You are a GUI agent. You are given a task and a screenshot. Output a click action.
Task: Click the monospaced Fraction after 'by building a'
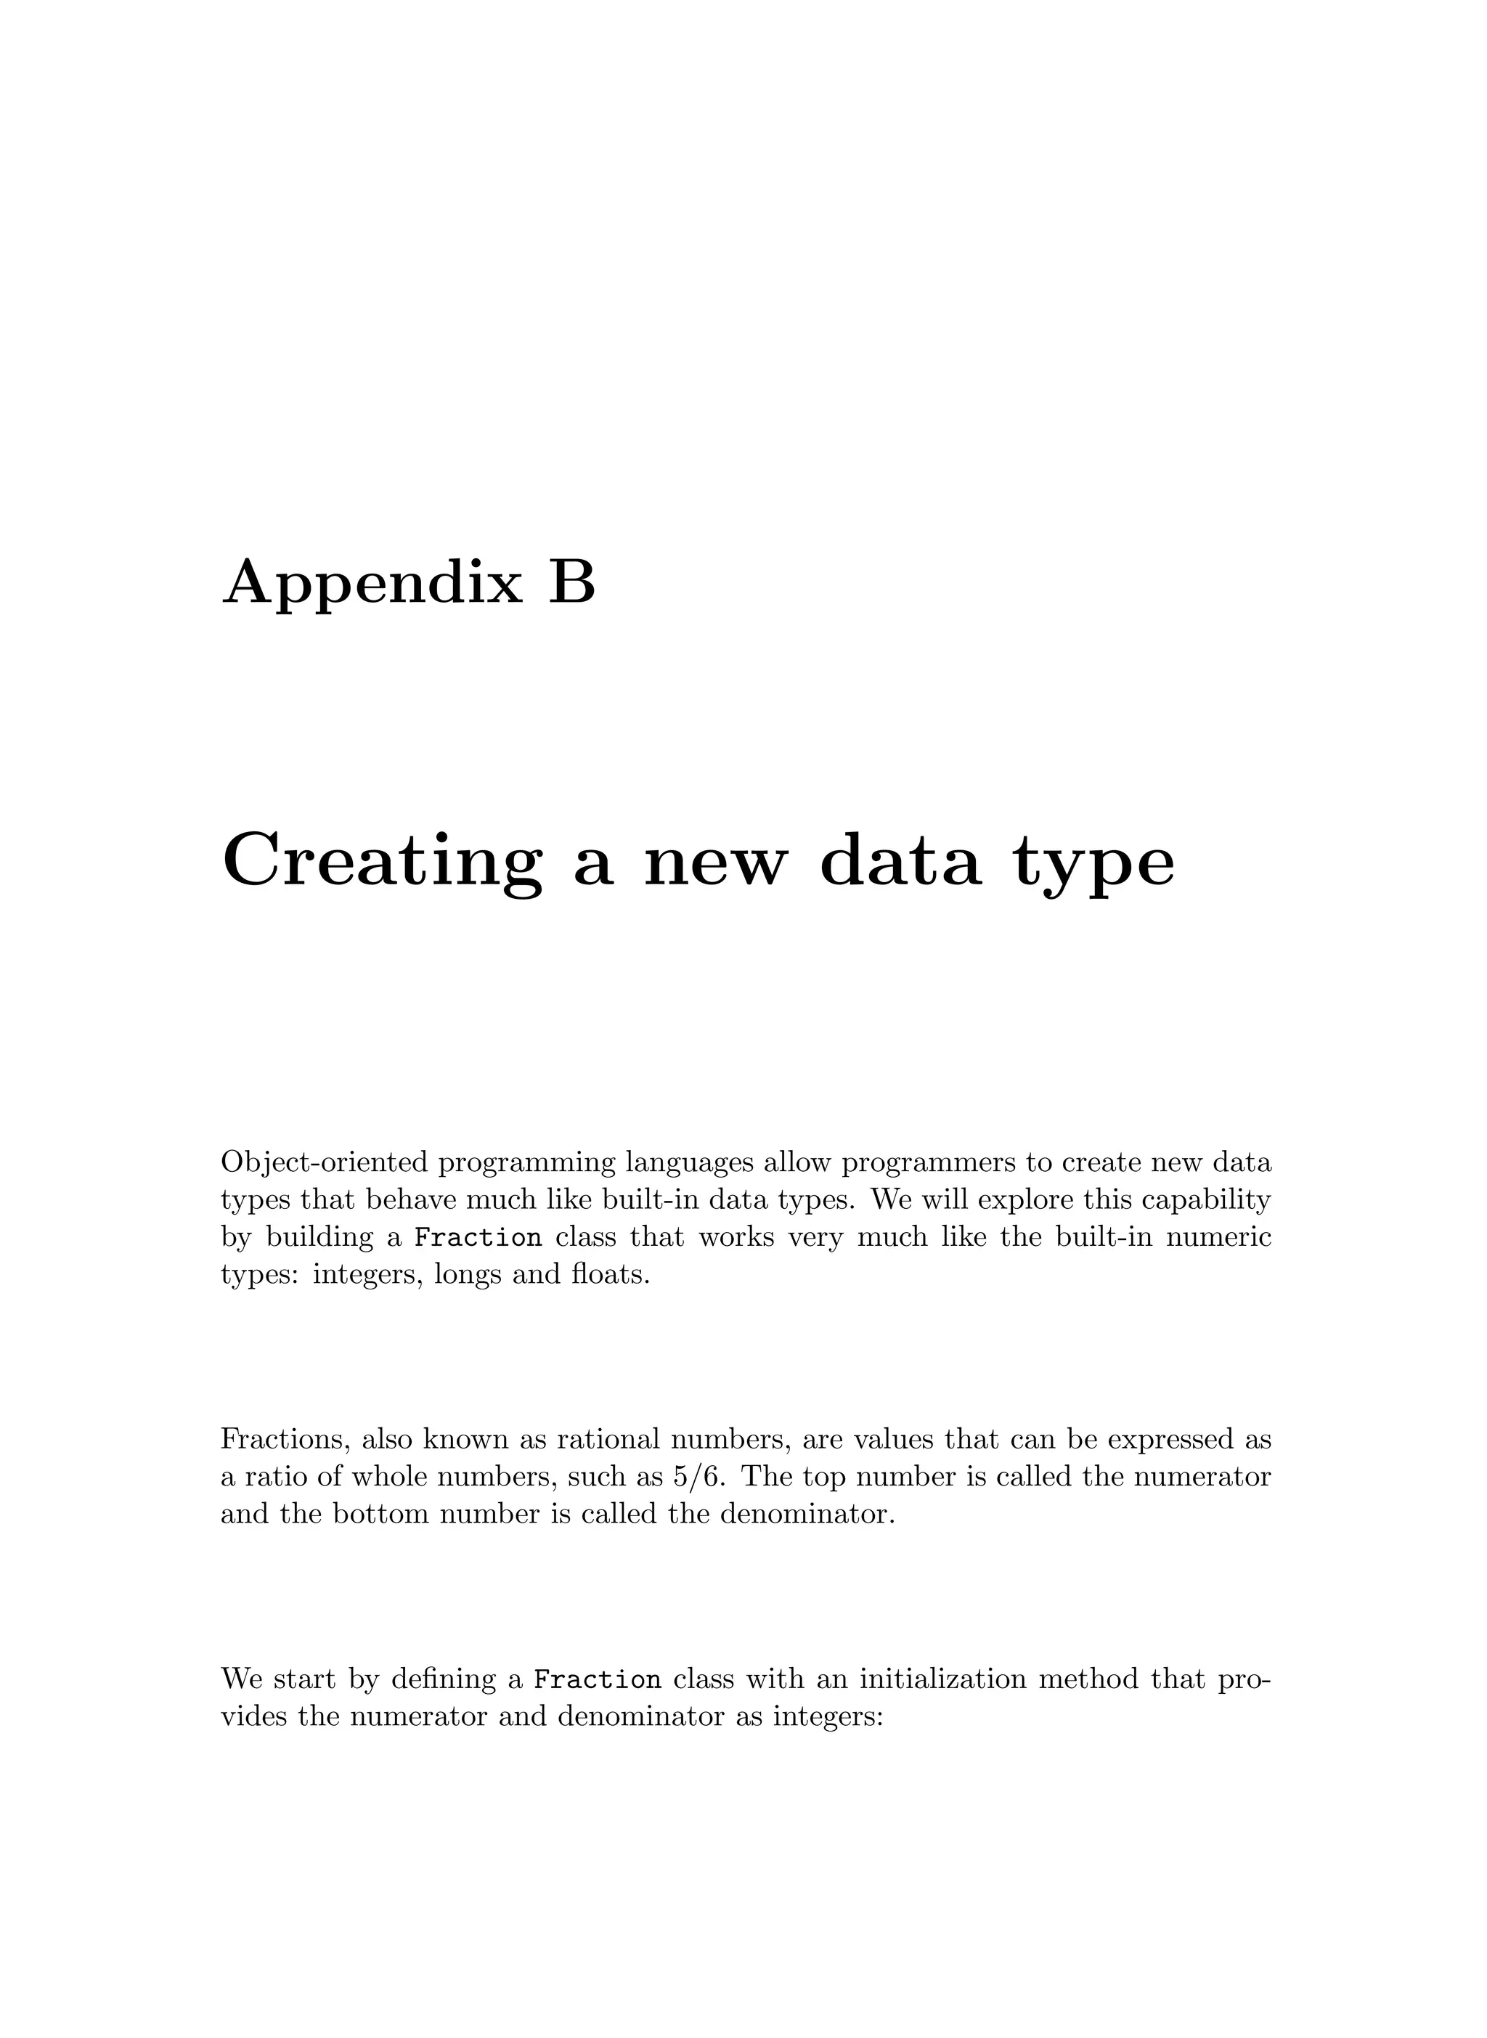tap(478, 1238)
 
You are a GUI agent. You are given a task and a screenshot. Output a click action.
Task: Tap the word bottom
tap(380, 1514)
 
